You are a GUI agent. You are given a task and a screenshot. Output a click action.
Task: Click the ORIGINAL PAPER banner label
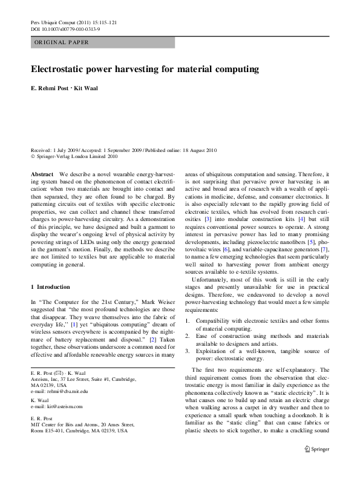pyautogui.click(x=62, y=42)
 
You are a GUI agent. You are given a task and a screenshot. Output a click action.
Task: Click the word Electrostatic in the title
pyautogui.click(x=61, y=69)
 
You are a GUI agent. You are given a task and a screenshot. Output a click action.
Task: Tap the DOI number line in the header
pyautogui.click(x=65, y=28)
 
